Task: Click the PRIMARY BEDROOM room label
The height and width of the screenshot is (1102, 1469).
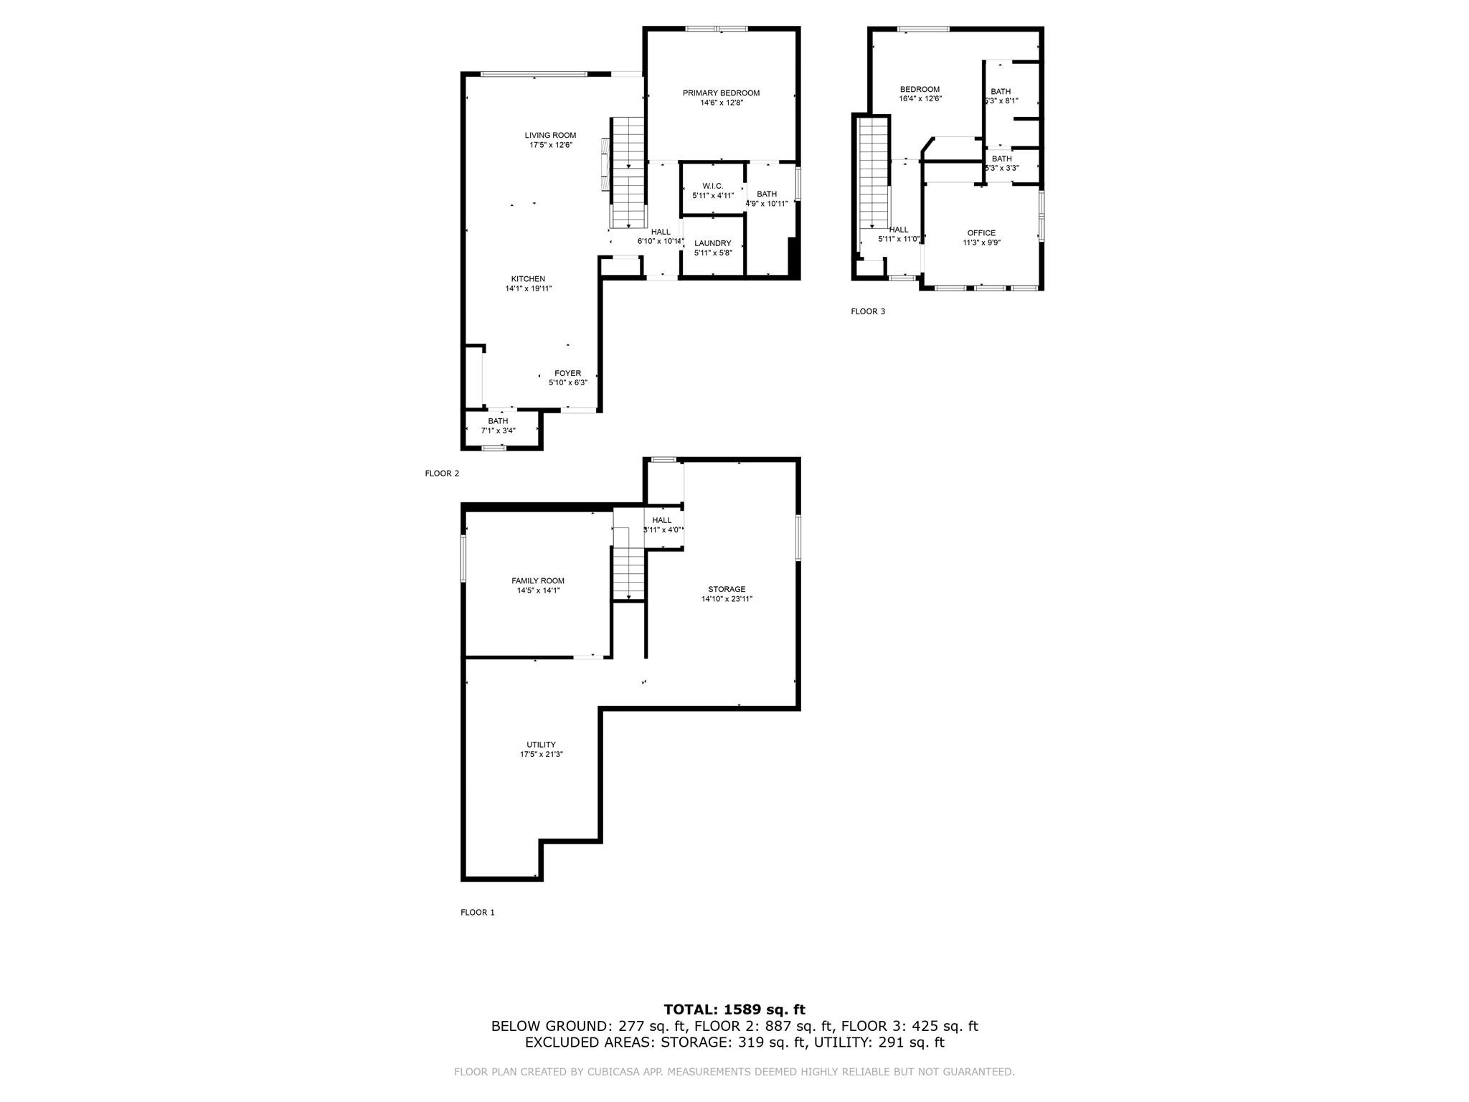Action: [x=721, y=93]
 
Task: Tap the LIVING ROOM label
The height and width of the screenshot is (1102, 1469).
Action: [x=550, y=136]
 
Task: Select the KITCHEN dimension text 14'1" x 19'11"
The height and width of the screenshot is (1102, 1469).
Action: [x=529, y=289]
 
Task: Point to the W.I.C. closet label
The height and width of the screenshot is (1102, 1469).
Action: [x=712, y=186]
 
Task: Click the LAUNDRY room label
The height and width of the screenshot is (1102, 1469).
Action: [x=712, y=243]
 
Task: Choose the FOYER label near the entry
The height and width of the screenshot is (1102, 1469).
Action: [x=567, y=373]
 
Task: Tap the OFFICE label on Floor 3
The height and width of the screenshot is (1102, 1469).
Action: [x=981, y=233]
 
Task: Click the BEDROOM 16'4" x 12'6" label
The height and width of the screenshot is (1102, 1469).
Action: [x=920, y=90]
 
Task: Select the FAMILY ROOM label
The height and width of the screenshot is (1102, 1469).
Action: [x=537, y=581]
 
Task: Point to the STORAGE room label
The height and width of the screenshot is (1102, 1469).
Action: [x=727, y=589]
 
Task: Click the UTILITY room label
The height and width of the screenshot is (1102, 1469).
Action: [x=541, y=745]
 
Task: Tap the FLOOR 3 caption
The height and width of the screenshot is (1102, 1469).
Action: [x=868, y=311]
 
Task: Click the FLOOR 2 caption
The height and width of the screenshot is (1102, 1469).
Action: [x=442, y=474]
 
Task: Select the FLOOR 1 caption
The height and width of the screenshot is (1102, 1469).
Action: [x=478, y=913]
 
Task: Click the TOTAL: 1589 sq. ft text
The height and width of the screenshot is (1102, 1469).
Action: [x=734, y=1010]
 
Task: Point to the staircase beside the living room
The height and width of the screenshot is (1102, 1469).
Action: [x=629, y=172]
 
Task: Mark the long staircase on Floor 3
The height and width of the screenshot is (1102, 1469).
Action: [x=874, y=183]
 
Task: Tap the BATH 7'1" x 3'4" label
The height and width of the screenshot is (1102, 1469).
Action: [x=498, y=421]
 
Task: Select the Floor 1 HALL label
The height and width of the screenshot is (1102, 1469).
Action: [x=662, y=520]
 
